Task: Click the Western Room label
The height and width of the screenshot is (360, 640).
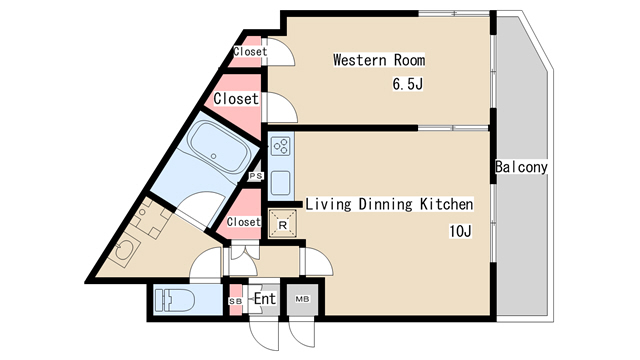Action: click(379, 60)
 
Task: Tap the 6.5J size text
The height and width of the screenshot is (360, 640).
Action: click(407, 84)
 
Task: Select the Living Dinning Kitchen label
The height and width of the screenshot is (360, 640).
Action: click(389, 204)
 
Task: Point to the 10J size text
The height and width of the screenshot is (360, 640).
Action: click(460, 231)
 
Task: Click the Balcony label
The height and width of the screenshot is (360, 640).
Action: click(521, 167)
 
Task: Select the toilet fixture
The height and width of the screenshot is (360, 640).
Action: click(174, 300)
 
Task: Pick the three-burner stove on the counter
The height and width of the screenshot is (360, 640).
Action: click(282, 147)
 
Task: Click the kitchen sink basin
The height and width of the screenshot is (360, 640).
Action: click(281, 182)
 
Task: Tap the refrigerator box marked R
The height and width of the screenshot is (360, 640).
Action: click(282, 224)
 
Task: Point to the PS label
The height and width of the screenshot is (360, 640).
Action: click(256, 176)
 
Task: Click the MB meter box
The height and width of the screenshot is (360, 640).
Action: click(302, 299)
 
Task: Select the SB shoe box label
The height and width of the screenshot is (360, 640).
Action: click(236, 301)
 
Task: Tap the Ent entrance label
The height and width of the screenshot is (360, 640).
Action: click(264, 299)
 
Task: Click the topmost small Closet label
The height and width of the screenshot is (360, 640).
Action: click(250, 51)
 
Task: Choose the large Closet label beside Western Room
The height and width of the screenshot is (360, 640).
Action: click(236, 98)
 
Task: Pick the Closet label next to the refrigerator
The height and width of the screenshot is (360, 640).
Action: click(244, 222)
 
